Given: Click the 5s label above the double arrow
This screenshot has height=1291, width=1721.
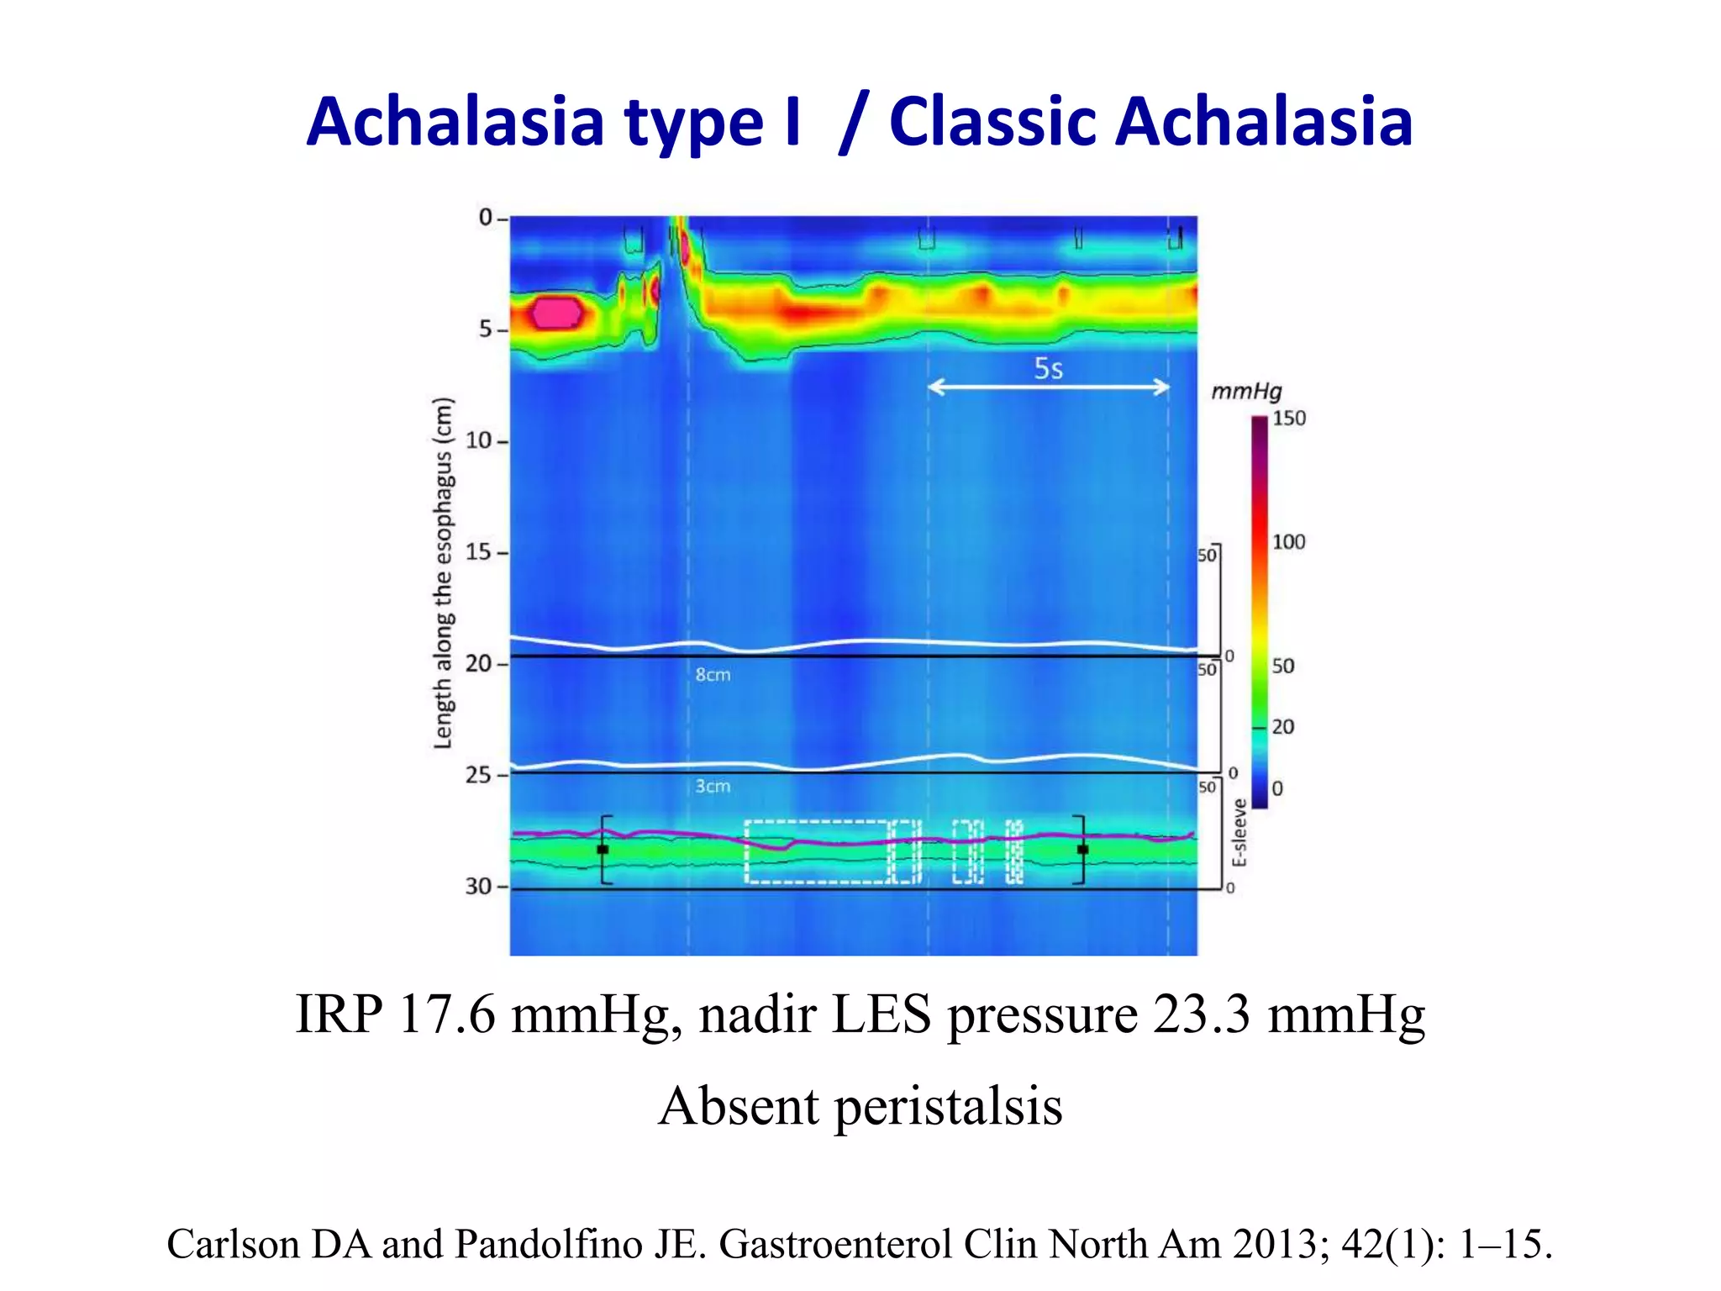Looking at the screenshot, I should coord(1048,369).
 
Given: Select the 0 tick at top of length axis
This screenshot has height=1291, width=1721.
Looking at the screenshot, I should coord(486,218).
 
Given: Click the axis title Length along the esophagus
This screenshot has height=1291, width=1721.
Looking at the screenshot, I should coord(443,572).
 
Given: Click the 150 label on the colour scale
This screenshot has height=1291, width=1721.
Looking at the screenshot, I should coord(1288,419).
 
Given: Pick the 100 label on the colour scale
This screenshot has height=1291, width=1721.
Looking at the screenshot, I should coord(1288,542).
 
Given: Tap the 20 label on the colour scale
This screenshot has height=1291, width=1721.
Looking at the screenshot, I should coord(1282,726).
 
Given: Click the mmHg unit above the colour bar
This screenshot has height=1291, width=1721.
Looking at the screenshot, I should coord(1246,392).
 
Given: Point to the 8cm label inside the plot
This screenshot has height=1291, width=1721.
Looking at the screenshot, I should coord(713,675).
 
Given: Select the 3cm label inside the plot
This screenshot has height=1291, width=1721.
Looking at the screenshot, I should coord(713,787).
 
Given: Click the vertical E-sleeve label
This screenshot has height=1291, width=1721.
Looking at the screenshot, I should coord(1239,833).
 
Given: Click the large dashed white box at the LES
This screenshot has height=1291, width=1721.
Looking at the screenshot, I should coord(816,851).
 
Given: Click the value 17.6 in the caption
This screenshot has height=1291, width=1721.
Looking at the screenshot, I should coord(447,1014).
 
